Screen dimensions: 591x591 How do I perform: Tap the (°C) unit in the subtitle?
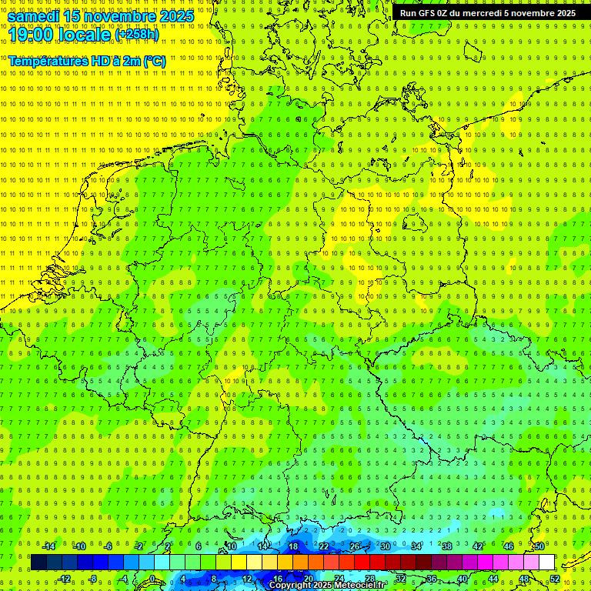(154, 61)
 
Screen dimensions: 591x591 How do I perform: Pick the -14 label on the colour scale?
(48, 546)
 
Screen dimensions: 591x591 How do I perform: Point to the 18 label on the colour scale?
(293, 546)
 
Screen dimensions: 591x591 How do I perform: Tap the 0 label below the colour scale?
(153, 579)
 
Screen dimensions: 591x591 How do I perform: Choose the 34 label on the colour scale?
(416, 546)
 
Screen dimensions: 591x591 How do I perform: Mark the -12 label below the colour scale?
(65, 579)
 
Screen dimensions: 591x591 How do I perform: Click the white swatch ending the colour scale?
(547, 563)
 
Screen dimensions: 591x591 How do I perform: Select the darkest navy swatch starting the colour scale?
(39, 563)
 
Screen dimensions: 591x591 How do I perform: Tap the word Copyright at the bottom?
(290, 586)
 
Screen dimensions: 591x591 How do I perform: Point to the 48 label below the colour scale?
(524, 579)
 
